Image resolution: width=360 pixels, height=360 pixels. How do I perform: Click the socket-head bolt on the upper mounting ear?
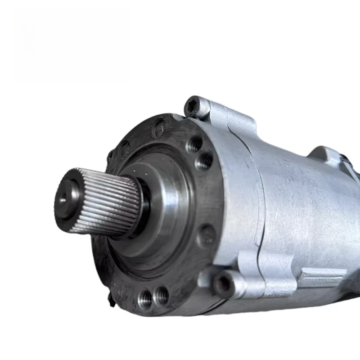(x=195, y=106)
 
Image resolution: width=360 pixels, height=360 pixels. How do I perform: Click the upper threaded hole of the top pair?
(x=195, y=144)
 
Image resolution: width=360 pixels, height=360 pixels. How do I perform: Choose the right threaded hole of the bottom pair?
(x=161, y=295)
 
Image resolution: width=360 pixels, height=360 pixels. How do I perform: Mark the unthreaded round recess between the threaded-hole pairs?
(x=207, y=234)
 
